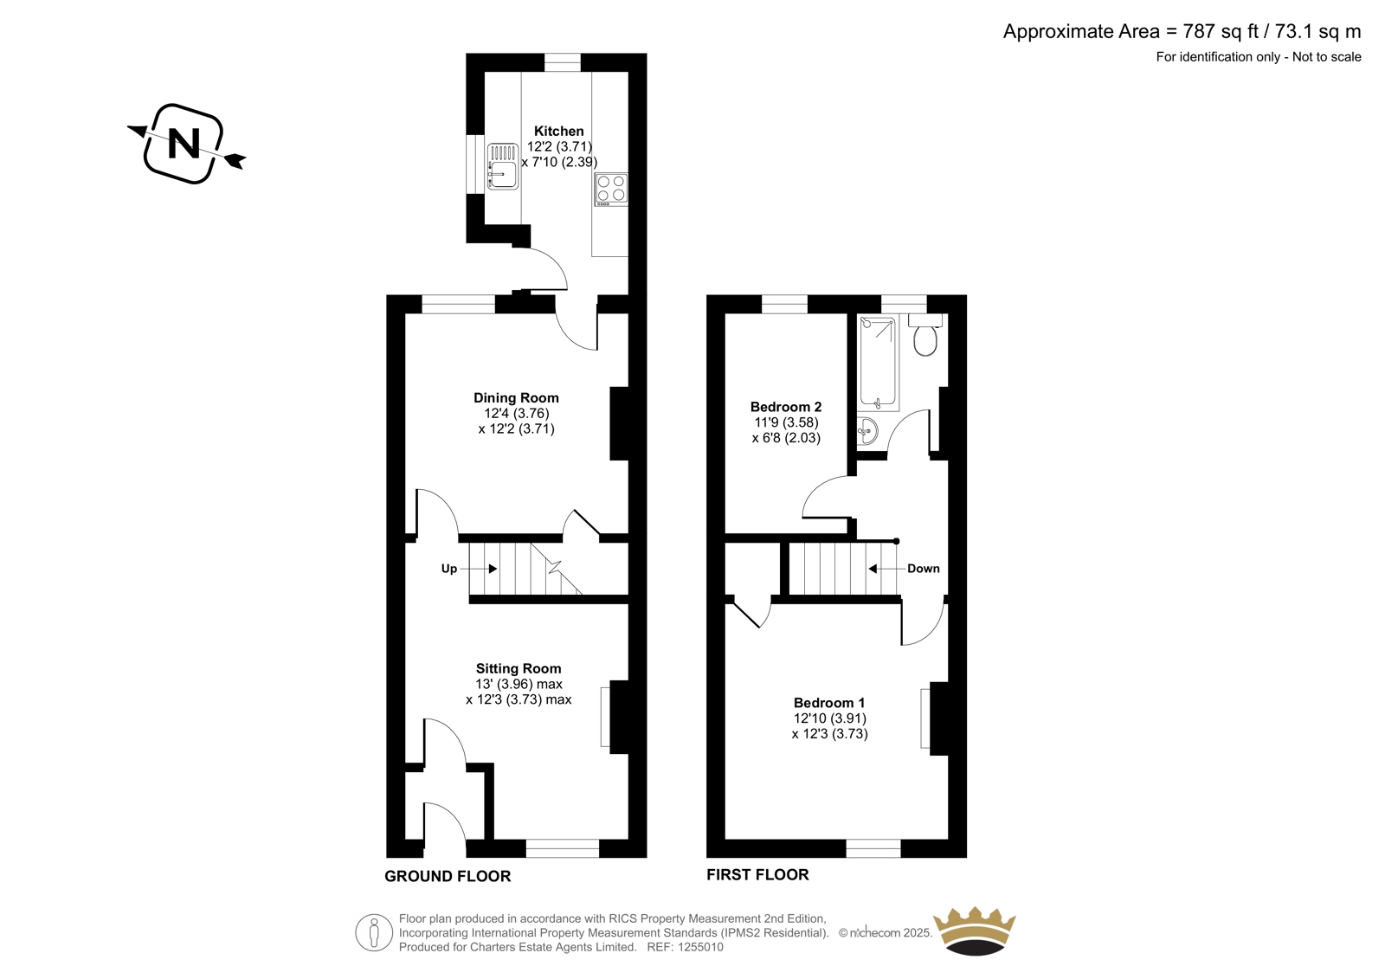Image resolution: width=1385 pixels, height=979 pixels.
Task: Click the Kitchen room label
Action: (558, 131)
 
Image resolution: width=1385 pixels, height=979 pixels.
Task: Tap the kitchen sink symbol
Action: (503, 166)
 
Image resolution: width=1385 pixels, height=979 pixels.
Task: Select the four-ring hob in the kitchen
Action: (611, 190)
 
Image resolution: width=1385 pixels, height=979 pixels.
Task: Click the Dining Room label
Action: (516, 397)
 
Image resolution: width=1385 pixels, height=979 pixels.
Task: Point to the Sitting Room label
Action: (519, 668)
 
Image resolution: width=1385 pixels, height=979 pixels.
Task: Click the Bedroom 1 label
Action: (829, 703)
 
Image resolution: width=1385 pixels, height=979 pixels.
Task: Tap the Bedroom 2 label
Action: (786, 406)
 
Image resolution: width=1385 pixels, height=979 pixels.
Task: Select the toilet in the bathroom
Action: (925, 335)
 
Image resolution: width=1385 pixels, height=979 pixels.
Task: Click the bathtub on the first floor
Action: (878, 363)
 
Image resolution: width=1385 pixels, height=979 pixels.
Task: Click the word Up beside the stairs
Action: (449, 569)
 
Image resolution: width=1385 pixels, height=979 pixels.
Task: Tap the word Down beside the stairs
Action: (923, 569)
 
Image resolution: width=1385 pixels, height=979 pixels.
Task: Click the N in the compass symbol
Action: (184, 144)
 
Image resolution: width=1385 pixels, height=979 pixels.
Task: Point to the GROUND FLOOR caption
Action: (448, 876)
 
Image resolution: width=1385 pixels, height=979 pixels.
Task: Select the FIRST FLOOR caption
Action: (757, 874)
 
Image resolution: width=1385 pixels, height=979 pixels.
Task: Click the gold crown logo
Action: (975, 931)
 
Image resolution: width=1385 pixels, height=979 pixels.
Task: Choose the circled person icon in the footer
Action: (374, 932)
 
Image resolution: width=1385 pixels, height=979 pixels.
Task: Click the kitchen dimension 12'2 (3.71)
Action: (559, 146)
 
